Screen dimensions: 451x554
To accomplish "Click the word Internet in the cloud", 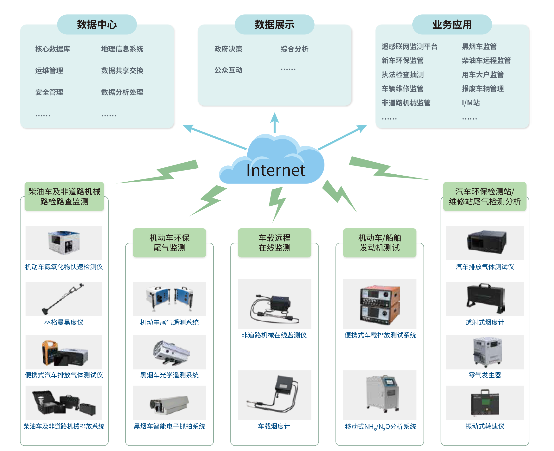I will coord(276,171).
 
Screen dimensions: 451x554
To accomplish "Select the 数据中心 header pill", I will coord(97,25).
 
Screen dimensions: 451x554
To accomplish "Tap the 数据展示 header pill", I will coord(274,25).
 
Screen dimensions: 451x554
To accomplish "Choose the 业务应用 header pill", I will coord(452,25).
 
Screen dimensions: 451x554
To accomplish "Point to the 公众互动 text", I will coord(228,70).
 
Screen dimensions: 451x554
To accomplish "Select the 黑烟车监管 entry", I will coord(479,46).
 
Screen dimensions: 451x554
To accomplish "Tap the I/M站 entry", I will coord(470,103).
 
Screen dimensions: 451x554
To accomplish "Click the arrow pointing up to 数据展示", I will coord(274,122).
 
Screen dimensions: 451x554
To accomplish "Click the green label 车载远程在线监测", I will coord(274,243).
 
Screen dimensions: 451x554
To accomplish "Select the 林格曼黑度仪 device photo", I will coord(64,299).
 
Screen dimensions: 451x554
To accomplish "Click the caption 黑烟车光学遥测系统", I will coord(169,375).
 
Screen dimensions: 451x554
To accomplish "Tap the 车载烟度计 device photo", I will coord(274,395).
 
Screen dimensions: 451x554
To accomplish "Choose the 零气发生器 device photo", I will coord(485,352).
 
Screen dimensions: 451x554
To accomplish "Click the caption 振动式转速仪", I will coord(485,426).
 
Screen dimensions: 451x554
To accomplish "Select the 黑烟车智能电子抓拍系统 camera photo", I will coord(169,403).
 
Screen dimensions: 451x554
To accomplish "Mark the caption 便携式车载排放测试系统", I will coord(380,335).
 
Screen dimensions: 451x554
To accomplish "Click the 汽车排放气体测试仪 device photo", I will coord(485,243).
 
